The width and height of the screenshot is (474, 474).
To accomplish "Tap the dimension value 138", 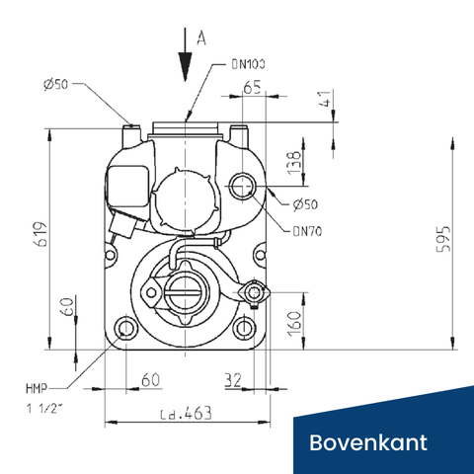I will point(291,160).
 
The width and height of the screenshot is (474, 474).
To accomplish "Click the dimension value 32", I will point(233,379).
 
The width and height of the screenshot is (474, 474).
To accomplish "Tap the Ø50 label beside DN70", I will point(305,204).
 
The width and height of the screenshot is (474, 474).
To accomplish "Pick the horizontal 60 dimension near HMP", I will point(149,379).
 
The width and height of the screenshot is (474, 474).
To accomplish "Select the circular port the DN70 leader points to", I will point(242,185).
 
